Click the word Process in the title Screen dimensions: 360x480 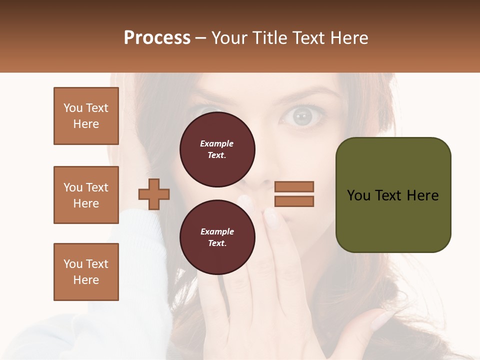[157, 38]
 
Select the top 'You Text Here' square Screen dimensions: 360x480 [86, 116]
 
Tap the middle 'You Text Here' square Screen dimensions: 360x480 [86, 195]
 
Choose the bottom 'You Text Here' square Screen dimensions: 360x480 [86, 272]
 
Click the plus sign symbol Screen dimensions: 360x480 [154, 194]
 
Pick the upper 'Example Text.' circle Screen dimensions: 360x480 [217, 149]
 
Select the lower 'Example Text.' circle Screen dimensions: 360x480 [217, 237]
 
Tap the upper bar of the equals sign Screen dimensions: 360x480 [294, 186]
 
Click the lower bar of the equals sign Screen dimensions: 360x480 [294, 201]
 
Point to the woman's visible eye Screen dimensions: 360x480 [302, 116]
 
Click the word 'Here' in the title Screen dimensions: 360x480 [349, 38]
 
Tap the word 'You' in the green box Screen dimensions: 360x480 [358, 195]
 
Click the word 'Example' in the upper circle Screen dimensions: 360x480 [217, 143]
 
